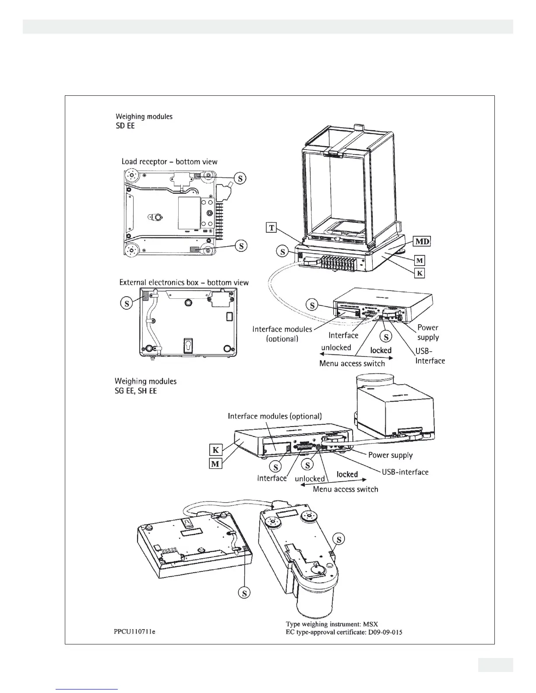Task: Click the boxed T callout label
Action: [x=272, y=227]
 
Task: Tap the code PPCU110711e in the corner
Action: [x=132, y=632]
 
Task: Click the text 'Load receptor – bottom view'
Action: [x=169, y=162]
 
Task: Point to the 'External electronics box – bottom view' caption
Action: [x=184, y=283]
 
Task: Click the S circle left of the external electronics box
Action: [x=127, y=303]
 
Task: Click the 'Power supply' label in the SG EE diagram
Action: [x=390, y=455]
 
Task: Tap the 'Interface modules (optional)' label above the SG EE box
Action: [x=275, y=416]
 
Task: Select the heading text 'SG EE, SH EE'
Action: [x=136, y=391]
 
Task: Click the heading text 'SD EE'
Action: [x=125, y=126]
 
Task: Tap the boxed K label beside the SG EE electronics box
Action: [x=215, y=450]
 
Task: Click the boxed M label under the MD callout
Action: [x=420, y=261]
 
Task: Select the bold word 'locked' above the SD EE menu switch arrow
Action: [x=381, y=350]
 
